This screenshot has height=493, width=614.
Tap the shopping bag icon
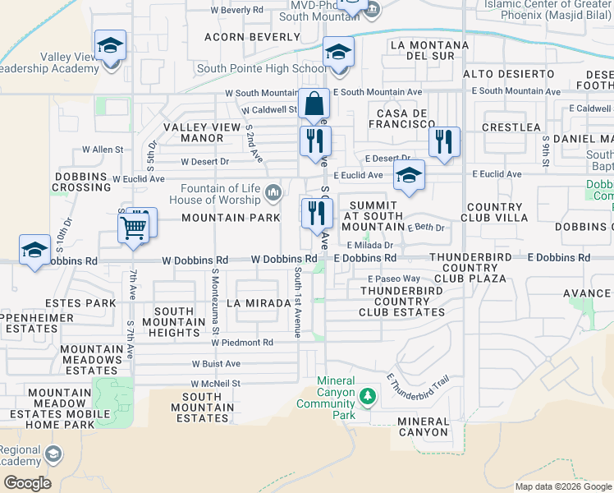click(x=314, y=105)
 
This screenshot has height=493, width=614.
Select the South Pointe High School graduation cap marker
click(x=337, y=53)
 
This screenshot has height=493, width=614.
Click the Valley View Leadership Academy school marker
click(x=110, y=47)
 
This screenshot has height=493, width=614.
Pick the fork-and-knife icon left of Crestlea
click(x=443, y=141)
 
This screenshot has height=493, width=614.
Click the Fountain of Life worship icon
click(x=273, y=193)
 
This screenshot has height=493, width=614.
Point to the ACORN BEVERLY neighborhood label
click(x=252, y=37)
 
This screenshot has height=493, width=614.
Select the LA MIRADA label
click(x=259, y=303)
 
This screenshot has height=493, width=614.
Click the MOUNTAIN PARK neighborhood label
click(x=225, y=218)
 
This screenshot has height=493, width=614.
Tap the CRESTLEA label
click(x=511, y=127)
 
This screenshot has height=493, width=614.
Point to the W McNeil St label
click(x=215, y=384)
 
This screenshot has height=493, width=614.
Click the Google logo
click(x=27, y=483)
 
